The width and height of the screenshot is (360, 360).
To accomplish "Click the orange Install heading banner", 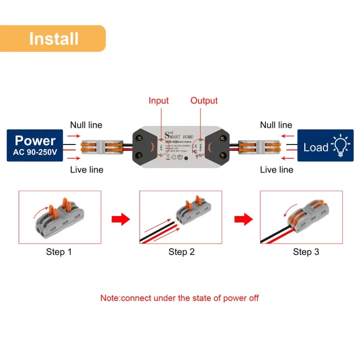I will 53,38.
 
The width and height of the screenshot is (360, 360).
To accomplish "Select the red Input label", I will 159,101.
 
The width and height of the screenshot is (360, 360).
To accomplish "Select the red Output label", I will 204,101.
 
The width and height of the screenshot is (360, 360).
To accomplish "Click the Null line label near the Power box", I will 86,125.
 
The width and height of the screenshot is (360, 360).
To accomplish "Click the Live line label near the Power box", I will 86,169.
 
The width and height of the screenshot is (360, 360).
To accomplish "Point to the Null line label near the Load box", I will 276,125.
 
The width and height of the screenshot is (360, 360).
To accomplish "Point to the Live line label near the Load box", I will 276,169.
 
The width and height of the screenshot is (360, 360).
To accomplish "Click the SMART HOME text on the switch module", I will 180,135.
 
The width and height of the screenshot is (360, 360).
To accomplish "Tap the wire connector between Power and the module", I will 102,147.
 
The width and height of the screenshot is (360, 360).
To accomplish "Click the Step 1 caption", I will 59,251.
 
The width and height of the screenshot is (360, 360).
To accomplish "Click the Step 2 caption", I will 181,251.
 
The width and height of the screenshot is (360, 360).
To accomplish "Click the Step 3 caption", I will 305,251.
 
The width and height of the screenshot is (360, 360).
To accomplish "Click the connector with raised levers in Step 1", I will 61,217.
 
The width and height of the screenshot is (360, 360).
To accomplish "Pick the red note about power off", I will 179,298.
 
